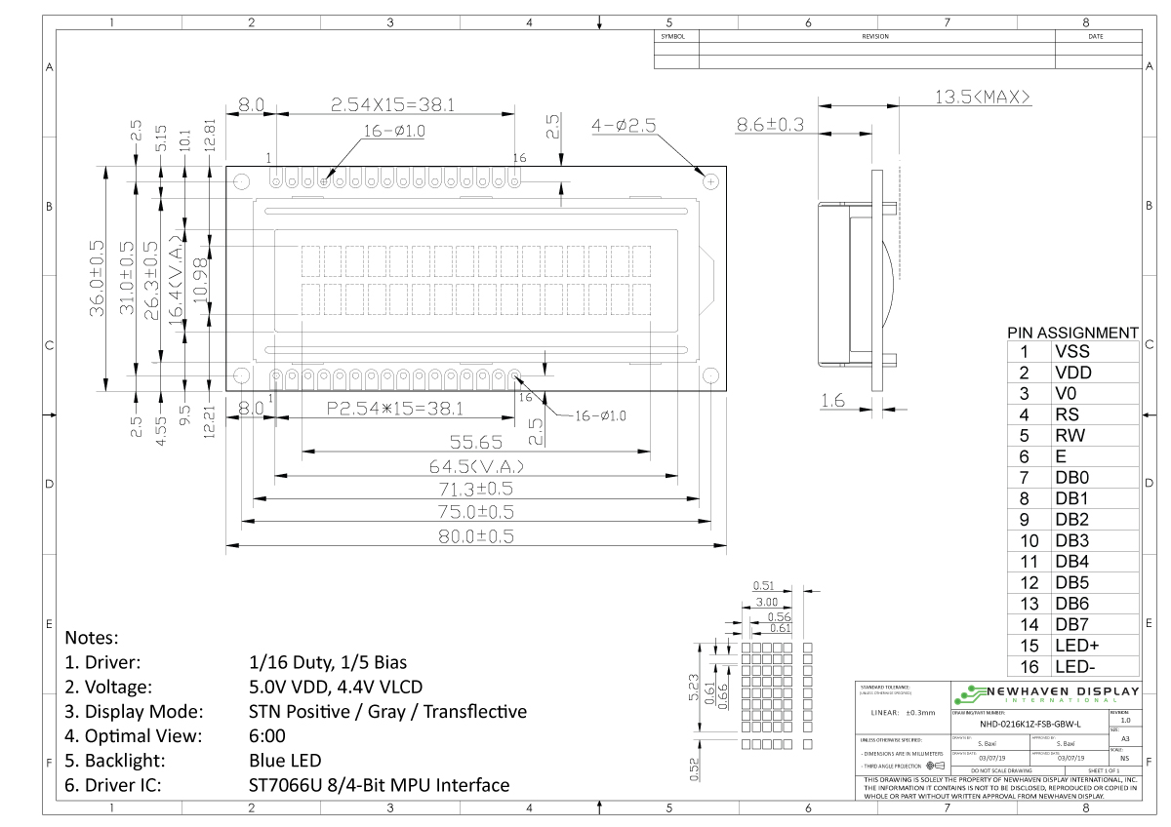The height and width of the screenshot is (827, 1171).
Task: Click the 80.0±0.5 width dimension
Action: point(476,535)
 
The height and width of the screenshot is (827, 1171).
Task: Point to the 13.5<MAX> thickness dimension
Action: point(983,97)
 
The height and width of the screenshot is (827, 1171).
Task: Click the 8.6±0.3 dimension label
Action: point(770,124)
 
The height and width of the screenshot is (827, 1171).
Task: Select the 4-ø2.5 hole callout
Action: point(624,125)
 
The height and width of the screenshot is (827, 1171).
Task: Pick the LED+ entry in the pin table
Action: point(1076,646)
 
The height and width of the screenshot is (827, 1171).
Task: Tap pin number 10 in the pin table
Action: point(1024,540)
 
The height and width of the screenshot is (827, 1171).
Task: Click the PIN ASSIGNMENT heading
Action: point(1072,333)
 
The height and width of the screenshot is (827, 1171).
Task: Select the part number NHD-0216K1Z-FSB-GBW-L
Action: point(1030,725)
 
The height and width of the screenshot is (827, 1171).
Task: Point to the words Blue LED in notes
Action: point(285,760)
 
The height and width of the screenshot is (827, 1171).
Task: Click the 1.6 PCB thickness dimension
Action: point(832,400)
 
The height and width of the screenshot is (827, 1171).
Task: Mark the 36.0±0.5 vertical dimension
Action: point(97,278)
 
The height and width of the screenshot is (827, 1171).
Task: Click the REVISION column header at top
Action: point(875,36)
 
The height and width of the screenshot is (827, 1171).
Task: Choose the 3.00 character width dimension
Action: point(766,603)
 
